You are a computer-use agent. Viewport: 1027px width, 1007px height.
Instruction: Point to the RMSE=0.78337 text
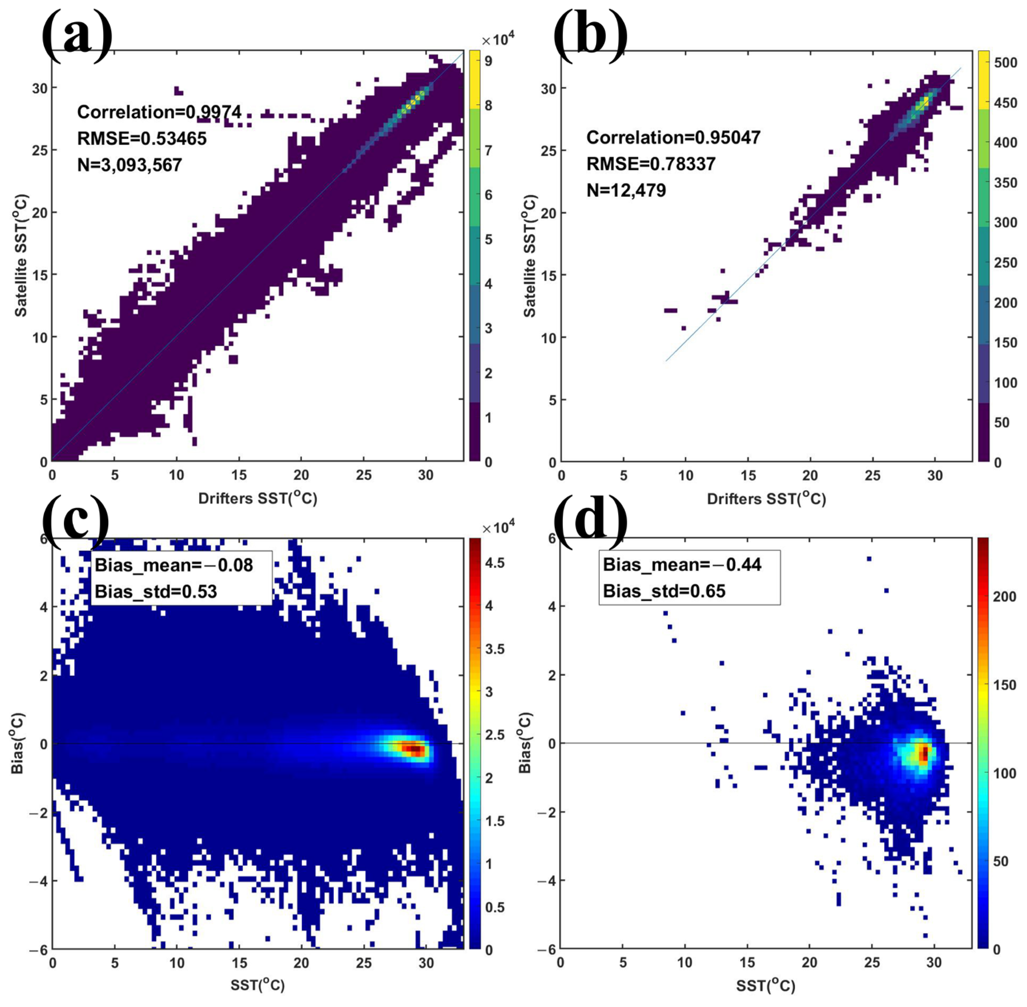650,164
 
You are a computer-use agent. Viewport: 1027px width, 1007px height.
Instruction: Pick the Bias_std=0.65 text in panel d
664,591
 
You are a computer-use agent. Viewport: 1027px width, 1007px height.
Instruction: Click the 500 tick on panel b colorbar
1005,62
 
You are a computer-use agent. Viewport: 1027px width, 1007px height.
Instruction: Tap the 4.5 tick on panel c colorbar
494,563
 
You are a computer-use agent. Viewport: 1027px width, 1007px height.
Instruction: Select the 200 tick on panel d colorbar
1004,597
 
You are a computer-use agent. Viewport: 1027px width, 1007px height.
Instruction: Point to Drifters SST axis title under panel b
766,499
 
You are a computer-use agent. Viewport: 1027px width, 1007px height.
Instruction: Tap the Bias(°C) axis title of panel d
525,743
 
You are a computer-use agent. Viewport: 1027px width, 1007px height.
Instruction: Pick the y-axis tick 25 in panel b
548,151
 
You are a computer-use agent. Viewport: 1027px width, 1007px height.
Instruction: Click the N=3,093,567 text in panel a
130,165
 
